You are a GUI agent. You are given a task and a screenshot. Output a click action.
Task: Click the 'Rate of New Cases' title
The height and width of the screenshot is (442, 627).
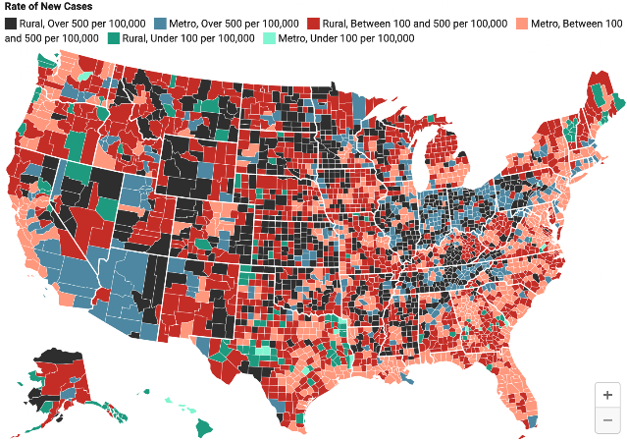click(x=48, y=7)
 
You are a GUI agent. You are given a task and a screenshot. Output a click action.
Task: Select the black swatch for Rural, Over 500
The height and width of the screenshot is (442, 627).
click(x=11, y=24)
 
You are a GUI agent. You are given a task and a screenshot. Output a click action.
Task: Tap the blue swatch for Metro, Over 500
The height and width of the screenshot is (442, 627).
click(x=160, y=24)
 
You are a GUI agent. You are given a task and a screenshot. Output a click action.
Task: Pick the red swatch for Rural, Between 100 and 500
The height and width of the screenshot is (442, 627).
click(x=314, y=24)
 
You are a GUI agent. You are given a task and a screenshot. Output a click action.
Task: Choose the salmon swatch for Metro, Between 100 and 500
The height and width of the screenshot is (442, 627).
click(x=522, y=24)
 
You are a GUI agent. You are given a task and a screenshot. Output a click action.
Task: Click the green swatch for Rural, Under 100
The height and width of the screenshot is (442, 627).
click(x=114, y=38)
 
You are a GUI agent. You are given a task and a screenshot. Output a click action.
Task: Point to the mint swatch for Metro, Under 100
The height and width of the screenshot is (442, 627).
click(x=269, y=38)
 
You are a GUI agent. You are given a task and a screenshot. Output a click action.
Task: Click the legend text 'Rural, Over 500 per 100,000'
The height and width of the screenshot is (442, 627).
click(x=82, y=24)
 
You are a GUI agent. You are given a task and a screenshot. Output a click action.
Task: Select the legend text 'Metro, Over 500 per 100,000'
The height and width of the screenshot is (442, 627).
click(x=234, y=24)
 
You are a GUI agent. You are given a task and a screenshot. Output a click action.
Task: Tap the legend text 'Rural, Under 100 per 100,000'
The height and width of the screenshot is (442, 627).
click(x=188, y=38)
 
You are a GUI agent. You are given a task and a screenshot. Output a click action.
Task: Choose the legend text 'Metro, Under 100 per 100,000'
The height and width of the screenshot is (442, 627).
click(x=346, y=38)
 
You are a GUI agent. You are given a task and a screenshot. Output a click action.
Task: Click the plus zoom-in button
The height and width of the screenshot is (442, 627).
click(x=607, y=395)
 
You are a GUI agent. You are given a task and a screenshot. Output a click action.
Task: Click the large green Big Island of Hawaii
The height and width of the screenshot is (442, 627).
click(x=205, y=427)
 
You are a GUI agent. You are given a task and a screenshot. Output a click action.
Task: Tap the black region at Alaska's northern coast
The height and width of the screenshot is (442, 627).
click(x=60, y=355)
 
